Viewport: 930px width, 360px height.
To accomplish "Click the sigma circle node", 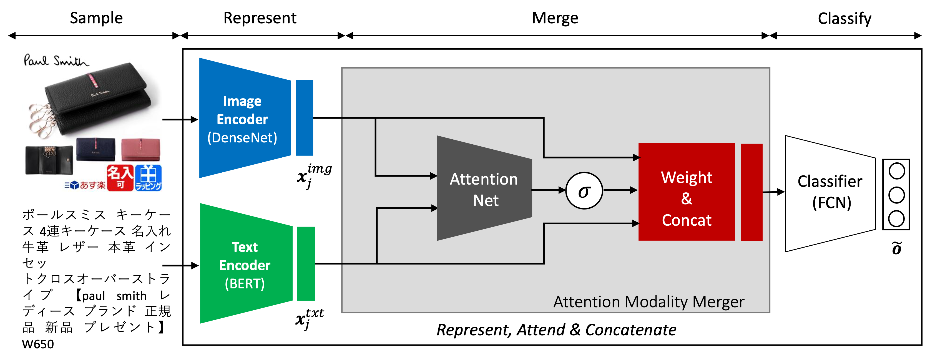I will (584, 190).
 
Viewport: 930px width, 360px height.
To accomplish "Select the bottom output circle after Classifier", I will (896, 218).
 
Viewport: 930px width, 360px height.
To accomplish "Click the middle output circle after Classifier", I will (896, 195).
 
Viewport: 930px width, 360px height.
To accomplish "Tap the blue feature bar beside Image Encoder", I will (304, 118).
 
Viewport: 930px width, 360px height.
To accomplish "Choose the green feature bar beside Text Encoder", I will (306, 264).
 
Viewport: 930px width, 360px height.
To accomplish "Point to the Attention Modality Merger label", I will (649, 302).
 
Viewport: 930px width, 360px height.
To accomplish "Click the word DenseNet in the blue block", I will (242, 138).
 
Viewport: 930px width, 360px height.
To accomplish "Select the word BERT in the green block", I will (245, 284).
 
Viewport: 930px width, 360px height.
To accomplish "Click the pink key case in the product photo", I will (141, 150).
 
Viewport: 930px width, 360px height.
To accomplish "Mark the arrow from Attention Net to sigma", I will (548, 190).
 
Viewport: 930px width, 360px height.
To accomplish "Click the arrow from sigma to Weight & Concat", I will (620, 190).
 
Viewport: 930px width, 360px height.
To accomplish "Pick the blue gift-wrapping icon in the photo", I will (148, 178).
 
